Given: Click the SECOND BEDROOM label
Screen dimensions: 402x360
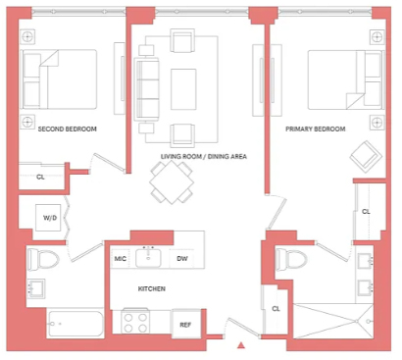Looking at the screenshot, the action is (x=68, y=129).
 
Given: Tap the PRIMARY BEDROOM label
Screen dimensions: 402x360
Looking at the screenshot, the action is (x=316, y=129).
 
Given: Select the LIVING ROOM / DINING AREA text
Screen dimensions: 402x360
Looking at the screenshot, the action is (x=204, y=156).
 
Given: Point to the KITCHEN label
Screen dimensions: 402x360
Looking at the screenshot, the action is (x=152, y=288).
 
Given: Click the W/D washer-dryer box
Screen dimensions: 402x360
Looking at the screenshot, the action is (x=48, y=218).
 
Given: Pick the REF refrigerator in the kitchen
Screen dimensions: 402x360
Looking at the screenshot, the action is (x=186, y=324).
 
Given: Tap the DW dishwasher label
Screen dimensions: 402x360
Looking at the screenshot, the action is (x=182, y=259).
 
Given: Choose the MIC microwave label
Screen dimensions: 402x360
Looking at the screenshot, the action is (x=120, y=259).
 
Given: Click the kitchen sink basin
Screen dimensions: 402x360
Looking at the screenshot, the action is (x=149, y=258).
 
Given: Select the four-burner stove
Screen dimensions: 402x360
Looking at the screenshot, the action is (x=135, y=322).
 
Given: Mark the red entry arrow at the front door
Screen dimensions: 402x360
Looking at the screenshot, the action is (x=241, y=345).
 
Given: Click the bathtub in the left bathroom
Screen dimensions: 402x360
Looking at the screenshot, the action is (x=75, y=324).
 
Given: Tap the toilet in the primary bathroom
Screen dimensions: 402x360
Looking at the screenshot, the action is (x=291, y=260).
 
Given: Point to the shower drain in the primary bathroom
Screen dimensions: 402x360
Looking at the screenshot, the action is (x=369, y=321).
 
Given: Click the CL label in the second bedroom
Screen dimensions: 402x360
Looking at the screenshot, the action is (x=40, y=177).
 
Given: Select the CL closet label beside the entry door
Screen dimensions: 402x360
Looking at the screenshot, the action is (x=276, y=308).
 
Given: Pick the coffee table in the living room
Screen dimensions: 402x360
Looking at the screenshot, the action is (x=183, y=89).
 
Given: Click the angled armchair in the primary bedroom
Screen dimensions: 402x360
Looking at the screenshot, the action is (x=366, y=157).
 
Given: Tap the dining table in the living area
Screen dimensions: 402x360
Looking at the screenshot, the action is (x=172, y=182).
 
